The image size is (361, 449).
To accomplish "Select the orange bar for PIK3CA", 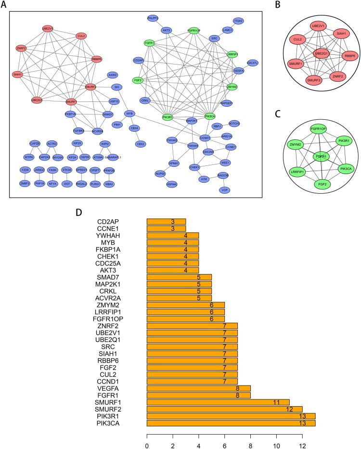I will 231,423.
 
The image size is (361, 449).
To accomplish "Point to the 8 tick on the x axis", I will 250,439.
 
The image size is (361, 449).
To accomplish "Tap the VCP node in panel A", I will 224,190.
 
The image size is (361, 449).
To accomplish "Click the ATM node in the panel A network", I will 204,179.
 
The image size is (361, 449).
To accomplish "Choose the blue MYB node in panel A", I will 129,113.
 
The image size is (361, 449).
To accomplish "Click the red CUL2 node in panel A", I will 81,36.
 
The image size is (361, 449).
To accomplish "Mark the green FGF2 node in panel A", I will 138,80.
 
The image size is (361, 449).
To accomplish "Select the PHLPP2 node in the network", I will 153,18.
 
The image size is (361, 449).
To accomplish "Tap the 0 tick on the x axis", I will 147,439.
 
